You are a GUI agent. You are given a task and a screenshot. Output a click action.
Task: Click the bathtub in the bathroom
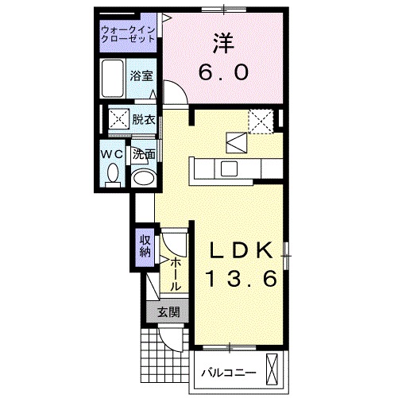(x=113, y=77)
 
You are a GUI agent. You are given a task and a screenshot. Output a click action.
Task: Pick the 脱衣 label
(x=143, y=120)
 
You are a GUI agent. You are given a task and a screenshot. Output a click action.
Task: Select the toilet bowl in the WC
(x=113, y=173)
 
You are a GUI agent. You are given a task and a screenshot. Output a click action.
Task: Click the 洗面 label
(x=143, y=154)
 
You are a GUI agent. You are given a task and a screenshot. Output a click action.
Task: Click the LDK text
(x=243, y=251)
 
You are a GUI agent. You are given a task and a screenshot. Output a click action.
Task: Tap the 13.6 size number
(x=243, y=280)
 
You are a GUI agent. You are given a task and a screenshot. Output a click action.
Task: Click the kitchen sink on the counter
(x=229, y=168)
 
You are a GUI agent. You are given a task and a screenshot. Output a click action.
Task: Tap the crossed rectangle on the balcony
(x=275, y=369)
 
